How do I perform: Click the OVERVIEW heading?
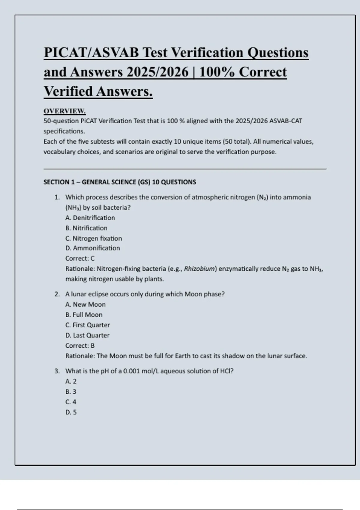[64, 111]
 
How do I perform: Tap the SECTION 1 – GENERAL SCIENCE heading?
[120, 182]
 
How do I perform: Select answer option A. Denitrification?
[90, 218]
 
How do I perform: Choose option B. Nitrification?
[86, 228]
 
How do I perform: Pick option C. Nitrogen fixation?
[94, 238]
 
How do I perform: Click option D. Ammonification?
[93, 248]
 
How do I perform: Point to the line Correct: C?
[80, 258]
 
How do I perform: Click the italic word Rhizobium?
[199, 269]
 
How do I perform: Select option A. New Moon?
[85, 304]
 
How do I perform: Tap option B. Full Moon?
[84, 315]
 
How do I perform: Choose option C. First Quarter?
[88, 325]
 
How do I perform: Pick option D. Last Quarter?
[87, 335]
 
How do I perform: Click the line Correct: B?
[80, 346]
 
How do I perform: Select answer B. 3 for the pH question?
[71, 392]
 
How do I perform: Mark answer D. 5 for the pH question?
[71, 412]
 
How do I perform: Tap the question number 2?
[57, 294]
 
